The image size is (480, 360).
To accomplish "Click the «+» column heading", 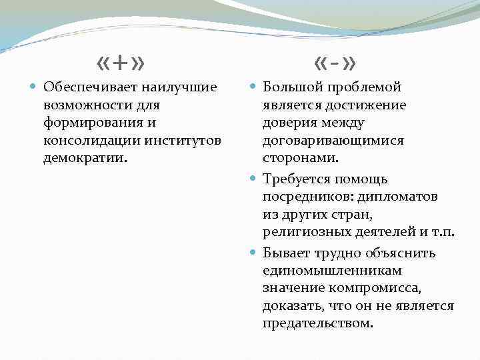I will pos(121,63).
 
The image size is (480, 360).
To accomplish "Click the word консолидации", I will pos(84,141).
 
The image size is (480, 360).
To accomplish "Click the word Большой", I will pos(288,87).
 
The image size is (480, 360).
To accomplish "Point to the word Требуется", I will pos(293,179).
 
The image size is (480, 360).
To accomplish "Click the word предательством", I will pos(317,324).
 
